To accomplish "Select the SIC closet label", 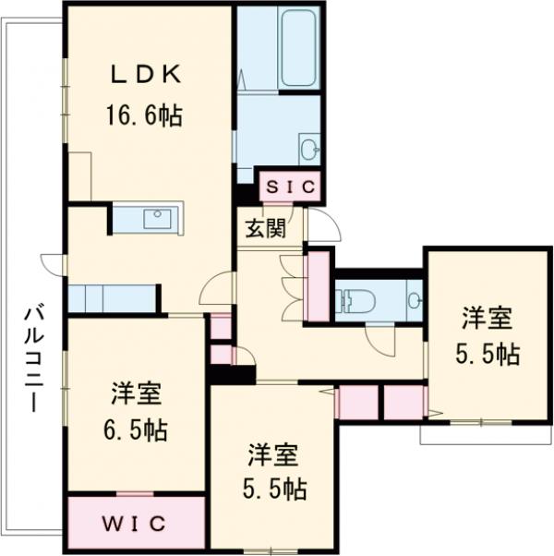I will click(291, 187).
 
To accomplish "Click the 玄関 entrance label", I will click(264, 229).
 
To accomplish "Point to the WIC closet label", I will click(134, 523).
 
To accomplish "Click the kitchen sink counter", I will click(148, 219).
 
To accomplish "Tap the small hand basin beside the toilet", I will click(414, 299).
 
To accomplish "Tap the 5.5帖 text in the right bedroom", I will click(487, 354).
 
